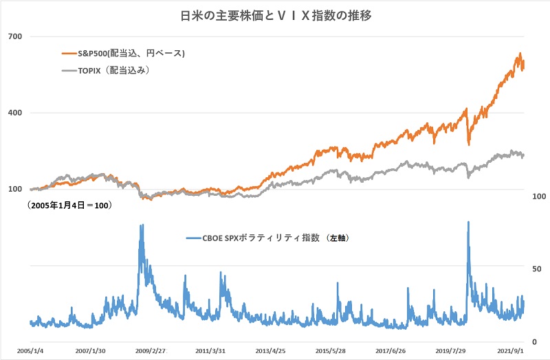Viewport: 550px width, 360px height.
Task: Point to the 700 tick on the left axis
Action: [x=14, y=36]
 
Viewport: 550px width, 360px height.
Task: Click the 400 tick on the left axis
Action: [x=14, y=113]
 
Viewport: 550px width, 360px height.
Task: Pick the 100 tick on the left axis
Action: [x=14, y=190]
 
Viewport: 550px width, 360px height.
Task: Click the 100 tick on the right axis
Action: [x=539, y=196]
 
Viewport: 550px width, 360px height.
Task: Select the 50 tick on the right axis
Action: [x=536, y=269]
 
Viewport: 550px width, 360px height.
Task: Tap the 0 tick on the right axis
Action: [x=534, y=341]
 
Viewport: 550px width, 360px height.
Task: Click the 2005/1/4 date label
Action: [x=31, y=350]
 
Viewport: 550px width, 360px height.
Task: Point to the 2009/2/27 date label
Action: [x=149, y=350]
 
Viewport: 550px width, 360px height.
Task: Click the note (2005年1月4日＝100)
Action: [x=69, y=205]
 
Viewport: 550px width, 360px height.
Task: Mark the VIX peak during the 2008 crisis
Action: [x=142, y=225]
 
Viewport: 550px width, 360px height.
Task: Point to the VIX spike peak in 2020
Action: [x=468, y=222]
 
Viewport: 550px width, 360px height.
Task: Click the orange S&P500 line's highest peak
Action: [x=520, y=54]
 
